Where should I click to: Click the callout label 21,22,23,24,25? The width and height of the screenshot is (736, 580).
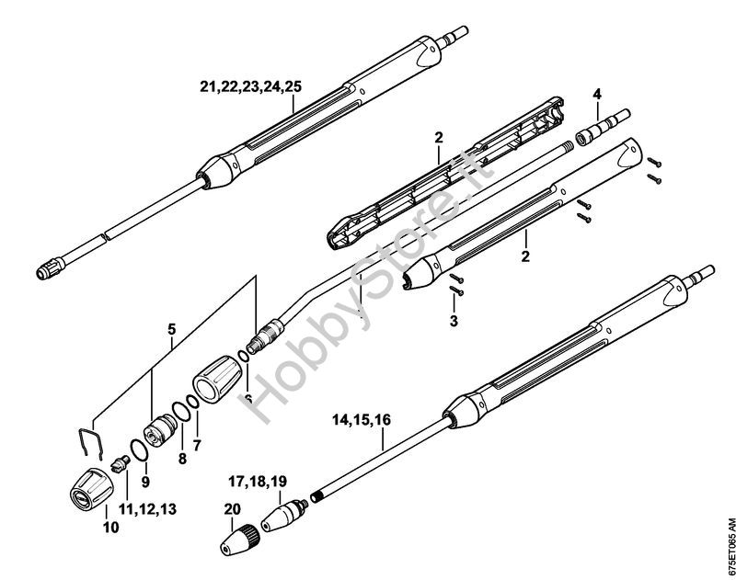point(250,86)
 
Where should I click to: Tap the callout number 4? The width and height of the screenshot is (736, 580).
point(596,95)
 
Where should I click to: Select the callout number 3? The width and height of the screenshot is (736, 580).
point(454,321)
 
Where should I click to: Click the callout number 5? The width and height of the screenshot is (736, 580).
point(172,329)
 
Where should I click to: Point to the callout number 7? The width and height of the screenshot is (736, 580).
point(197,446)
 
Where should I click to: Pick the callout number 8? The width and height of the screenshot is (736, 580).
point(182,458)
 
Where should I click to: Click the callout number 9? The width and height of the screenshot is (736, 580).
point(145,481)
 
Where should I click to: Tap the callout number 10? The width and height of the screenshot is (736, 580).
point(110,527)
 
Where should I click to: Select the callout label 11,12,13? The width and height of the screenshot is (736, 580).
point(147,508)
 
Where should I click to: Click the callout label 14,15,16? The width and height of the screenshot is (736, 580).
point(362,420)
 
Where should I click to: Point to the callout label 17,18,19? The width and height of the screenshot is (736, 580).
point(258,481)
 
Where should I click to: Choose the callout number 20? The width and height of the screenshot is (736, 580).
point(233,509)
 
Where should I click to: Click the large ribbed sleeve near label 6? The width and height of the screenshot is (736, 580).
point(217,379)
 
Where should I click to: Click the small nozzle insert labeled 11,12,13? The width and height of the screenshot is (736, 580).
point(120,464)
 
